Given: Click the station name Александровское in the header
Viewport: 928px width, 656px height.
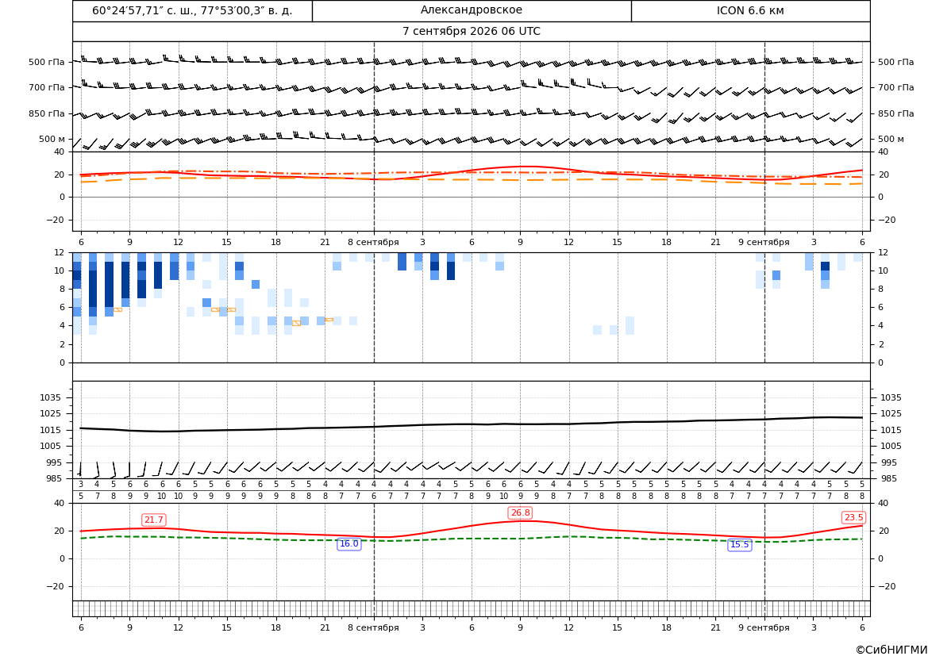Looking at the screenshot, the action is click(471, 10).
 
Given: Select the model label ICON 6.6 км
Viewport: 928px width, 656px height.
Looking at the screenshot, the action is click(750, 10).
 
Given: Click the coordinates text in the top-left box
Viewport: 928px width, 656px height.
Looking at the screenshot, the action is click(192, 10).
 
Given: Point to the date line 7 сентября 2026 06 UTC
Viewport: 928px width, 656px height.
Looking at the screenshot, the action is click(471, 32).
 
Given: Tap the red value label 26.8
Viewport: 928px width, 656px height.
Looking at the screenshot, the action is click(520, 513).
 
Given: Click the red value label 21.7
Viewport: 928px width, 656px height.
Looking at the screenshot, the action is click(154, 520).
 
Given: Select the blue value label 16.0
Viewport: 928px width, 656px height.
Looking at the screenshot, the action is click(348, 544).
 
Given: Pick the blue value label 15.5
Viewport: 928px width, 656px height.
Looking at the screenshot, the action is click(739, 545).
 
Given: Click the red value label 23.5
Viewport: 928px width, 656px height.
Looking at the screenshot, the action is click(853, 518).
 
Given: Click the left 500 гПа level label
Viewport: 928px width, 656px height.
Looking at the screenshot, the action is click(47, 62).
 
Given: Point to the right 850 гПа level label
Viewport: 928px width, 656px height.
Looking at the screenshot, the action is click(895, 113).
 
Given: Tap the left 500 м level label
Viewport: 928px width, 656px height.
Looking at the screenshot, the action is click(52, 140).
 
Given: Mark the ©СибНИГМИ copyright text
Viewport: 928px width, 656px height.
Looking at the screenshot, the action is click(891, 650).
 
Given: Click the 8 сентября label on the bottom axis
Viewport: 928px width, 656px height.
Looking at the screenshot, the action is click(373, 627).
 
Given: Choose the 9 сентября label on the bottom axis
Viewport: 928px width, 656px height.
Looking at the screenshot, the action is click(764, 627).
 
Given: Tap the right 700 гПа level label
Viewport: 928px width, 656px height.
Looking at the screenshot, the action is click(895, 87).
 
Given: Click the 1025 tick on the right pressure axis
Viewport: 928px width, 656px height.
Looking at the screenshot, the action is click(891, 414).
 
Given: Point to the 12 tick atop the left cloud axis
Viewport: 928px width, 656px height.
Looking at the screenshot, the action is click(60, 252).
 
